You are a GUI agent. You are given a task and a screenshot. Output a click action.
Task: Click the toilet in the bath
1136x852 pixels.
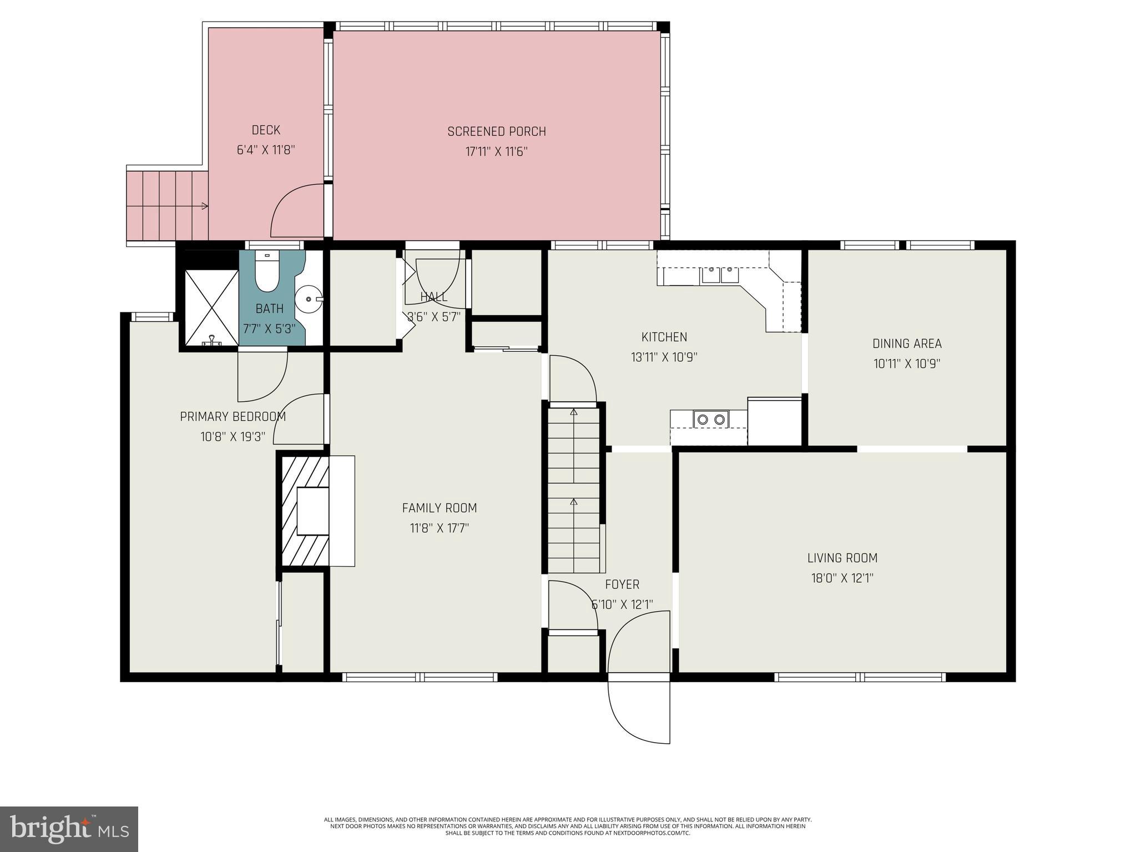pos(267,274)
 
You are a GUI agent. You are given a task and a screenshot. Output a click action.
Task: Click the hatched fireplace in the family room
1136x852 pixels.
pos(305,511)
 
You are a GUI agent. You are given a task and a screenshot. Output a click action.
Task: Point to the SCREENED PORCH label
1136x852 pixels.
pos(497,132)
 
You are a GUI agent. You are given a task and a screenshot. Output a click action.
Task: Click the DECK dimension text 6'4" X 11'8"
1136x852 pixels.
pos(266,150)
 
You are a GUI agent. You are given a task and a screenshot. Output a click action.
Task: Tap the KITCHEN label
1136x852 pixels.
pos(664,337)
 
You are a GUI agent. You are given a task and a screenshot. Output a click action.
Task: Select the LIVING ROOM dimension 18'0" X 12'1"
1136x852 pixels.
pos(842,578)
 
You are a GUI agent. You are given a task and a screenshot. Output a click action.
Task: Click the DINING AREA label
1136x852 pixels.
pos(906,344)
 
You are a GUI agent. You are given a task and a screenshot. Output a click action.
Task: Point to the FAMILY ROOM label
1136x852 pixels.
pos(439,508)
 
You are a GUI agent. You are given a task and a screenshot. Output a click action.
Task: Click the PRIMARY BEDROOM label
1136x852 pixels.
pos(233,416)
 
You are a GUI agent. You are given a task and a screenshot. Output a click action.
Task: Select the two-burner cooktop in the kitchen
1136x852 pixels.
pos(711,420)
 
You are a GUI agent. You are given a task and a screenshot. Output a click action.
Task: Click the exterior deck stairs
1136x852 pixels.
pos(166,205)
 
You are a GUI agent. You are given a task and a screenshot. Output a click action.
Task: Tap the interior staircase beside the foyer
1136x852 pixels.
pos(574,488)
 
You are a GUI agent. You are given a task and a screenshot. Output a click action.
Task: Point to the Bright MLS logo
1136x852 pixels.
pos(69,829)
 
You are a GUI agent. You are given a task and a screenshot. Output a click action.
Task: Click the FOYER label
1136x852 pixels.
pos(622,584)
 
